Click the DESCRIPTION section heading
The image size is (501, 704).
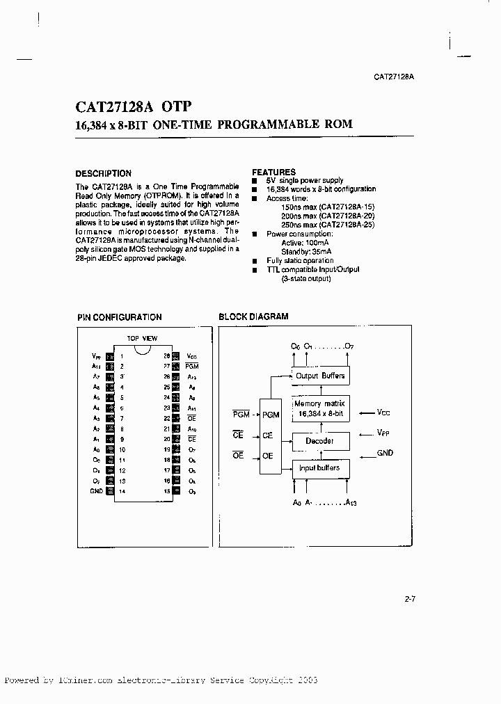(x=103, y=173)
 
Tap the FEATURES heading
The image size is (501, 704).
(x=273, y=172)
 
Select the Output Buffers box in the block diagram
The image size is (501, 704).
(x=319, y=376)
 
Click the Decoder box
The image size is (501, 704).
(x=319, y=441)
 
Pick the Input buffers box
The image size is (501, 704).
(x=319, y=468)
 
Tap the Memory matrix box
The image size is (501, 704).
(x=319, y=408)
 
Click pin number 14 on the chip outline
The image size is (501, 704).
(x=122, y=491)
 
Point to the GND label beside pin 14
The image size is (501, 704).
(x=96, y=491)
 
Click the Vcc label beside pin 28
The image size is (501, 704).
(x=193, y=355)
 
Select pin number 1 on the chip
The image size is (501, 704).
(x=122, y=355)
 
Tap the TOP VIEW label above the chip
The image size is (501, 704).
(x=142, y=338)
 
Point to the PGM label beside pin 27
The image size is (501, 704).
(x=193, y=366)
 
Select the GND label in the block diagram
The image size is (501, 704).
(x=385, y=453)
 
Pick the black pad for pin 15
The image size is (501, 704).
(x=177, y=491)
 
